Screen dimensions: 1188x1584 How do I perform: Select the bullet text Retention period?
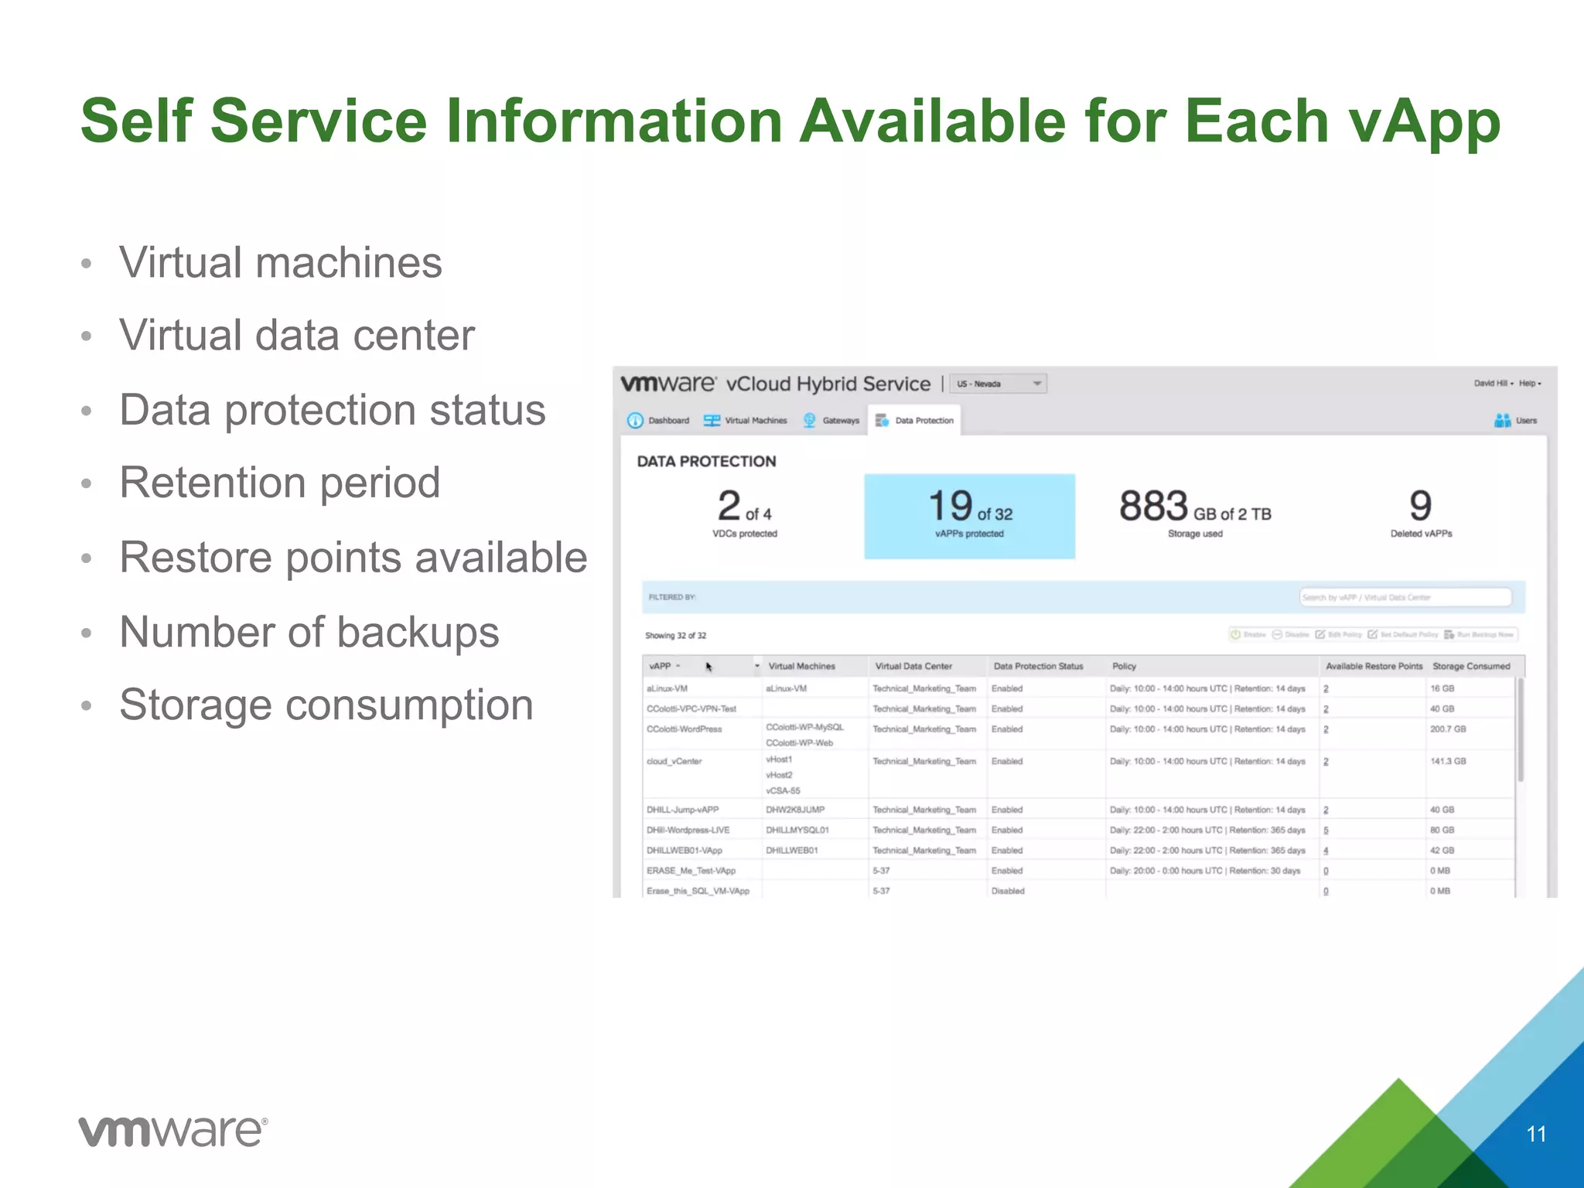279,483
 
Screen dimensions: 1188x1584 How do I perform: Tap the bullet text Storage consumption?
326,705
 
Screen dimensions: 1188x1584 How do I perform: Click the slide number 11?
1536,1134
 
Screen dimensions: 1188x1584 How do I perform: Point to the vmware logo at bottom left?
173,1132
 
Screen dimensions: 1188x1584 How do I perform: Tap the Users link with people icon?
1516,421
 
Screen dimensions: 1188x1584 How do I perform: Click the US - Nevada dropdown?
998,384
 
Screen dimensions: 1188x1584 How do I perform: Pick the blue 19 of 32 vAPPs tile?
969,516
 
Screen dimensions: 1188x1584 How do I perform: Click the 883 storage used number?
1153,507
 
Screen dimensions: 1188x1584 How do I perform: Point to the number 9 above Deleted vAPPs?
1420,507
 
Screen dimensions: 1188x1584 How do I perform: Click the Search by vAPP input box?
1405,597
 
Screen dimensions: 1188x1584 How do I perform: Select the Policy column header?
1124,666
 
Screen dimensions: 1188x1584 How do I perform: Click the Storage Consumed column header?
1470,666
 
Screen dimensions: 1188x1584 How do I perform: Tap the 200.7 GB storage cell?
1447,729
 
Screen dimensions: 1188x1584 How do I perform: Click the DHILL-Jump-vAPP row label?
682,810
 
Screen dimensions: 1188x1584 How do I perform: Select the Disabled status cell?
1008,891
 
